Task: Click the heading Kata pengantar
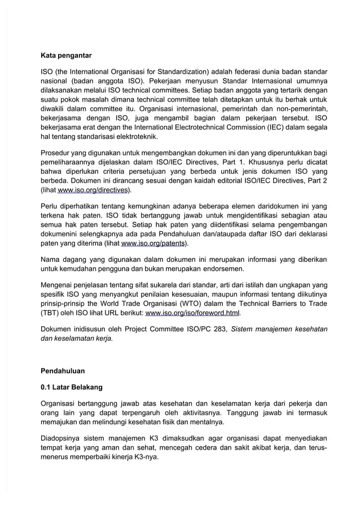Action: pyautogui.click(x=67, y=56)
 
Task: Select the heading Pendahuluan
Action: pyautogui.click(x=63, y=371)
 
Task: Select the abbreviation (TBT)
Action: pyautogui.click(x=50, y=313)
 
